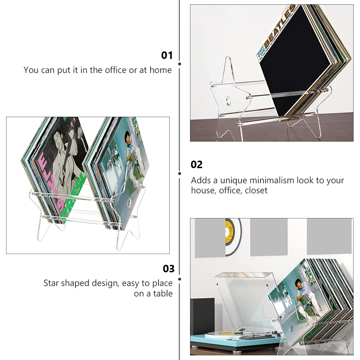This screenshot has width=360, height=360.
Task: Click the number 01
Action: [167, 55]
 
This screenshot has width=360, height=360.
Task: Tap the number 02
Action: [197, 165]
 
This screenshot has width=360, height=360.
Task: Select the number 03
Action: [169, 269]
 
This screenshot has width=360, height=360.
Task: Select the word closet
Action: [256, 190]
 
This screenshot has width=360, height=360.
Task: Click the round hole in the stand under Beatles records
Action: [229, 100]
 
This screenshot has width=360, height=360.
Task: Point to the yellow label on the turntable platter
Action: [230, 333]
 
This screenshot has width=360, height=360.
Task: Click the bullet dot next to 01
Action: [179, 64]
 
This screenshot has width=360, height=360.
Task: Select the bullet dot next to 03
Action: [179, 279]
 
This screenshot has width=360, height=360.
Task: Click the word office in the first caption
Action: [116, 70]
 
